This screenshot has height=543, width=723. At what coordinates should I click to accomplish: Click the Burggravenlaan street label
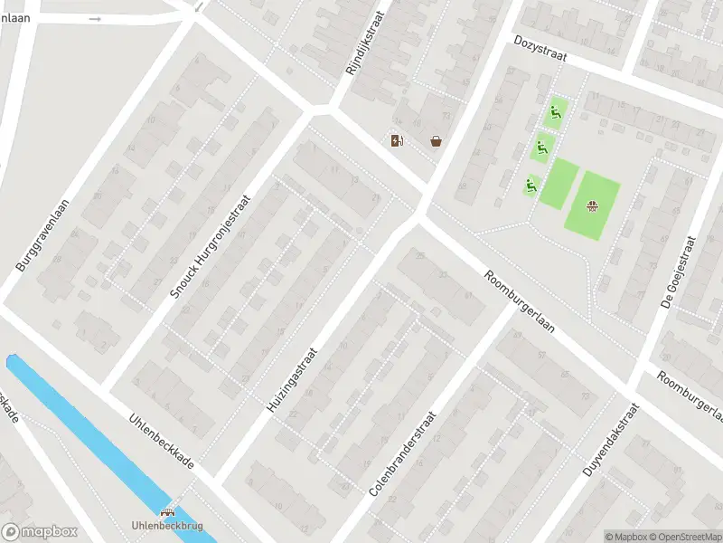[x=43, y=222]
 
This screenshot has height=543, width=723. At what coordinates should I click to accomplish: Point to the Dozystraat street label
[x=540, y=52]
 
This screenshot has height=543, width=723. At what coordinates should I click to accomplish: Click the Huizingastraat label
[x=294, y=380]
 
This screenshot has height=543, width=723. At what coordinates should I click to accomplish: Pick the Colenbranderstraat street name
[x=403, y=453]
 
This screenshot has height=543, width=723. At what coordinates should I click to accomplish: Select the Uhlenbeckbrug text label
[x=167, y=526]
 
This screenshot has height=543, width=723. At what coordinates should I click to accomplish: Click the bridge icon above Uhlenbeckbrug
[x=167, y=511]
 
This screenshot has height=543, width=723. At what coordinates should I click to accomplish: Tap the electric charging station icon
[x=396, y=140]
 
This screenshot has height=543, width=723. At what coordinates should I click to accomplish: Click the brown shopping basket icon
[x=437, y=140]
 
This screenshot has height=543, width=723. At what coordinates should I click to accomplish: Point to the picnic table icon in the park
[x=593, y=206]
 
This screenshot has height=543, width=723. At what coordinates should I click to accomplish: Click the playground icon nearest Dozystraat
[x=557, y=112]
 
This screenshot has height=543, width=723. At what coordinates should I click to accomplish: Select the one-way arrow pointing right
[x=96, y=18]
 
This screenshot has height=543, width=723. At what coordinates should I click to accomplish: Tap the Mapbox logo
[x=40, y=532]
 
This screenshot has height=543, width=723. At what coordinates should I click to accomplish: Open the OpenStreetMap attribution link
[x=687, y=537]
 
